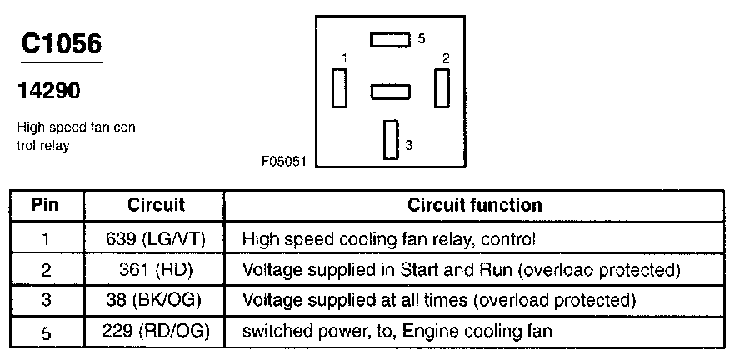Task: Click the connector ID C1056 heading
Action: (62, 45)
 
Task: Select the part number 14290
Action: (48, 90)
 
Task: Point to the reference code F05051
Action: (284, 162)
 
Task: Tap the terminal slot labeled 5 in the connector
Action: (390, 40)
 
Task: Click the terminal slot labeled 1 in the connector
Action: (339, 88)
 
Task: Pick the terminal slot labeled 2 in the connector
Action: (442, 88)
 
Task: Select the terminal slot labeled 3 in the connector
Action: (391, 140)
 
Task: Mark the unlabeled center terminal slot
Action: (390, 92)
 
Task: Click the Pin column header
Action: (45, 205)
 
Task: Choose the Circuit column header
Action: (156, 205)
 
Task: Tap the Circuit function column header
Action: (474, 205)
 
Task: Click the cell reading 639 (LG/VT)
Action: (156, 238)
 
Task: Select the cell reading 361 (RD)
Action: (156, 270)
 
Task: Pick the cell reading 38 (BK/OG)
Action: (156, 300)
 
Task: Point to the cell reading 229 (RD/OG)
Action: (156, 331)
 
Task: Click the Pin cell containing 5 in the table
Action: (45, 332)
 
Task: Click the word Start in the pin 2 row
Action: (420, 269)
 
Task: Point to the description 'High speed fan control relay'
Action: (79, 137)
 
